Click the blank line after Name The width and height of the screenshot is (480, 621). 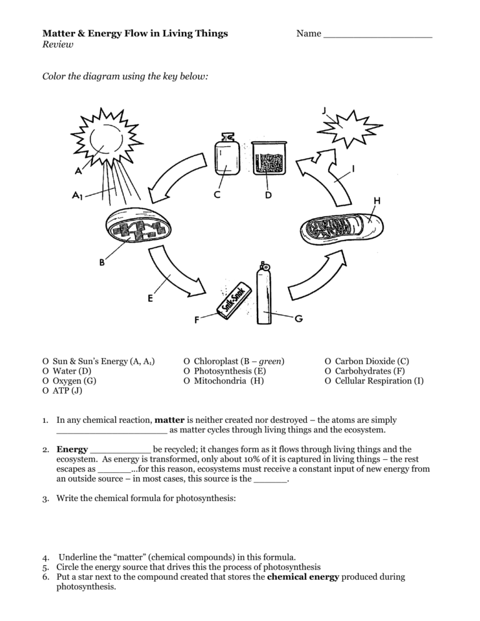point(377,34)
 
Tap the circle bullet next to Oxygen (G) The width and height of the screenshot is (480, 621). point(45,380)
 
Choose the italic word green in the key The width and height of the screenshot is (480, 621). point(270,361)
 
